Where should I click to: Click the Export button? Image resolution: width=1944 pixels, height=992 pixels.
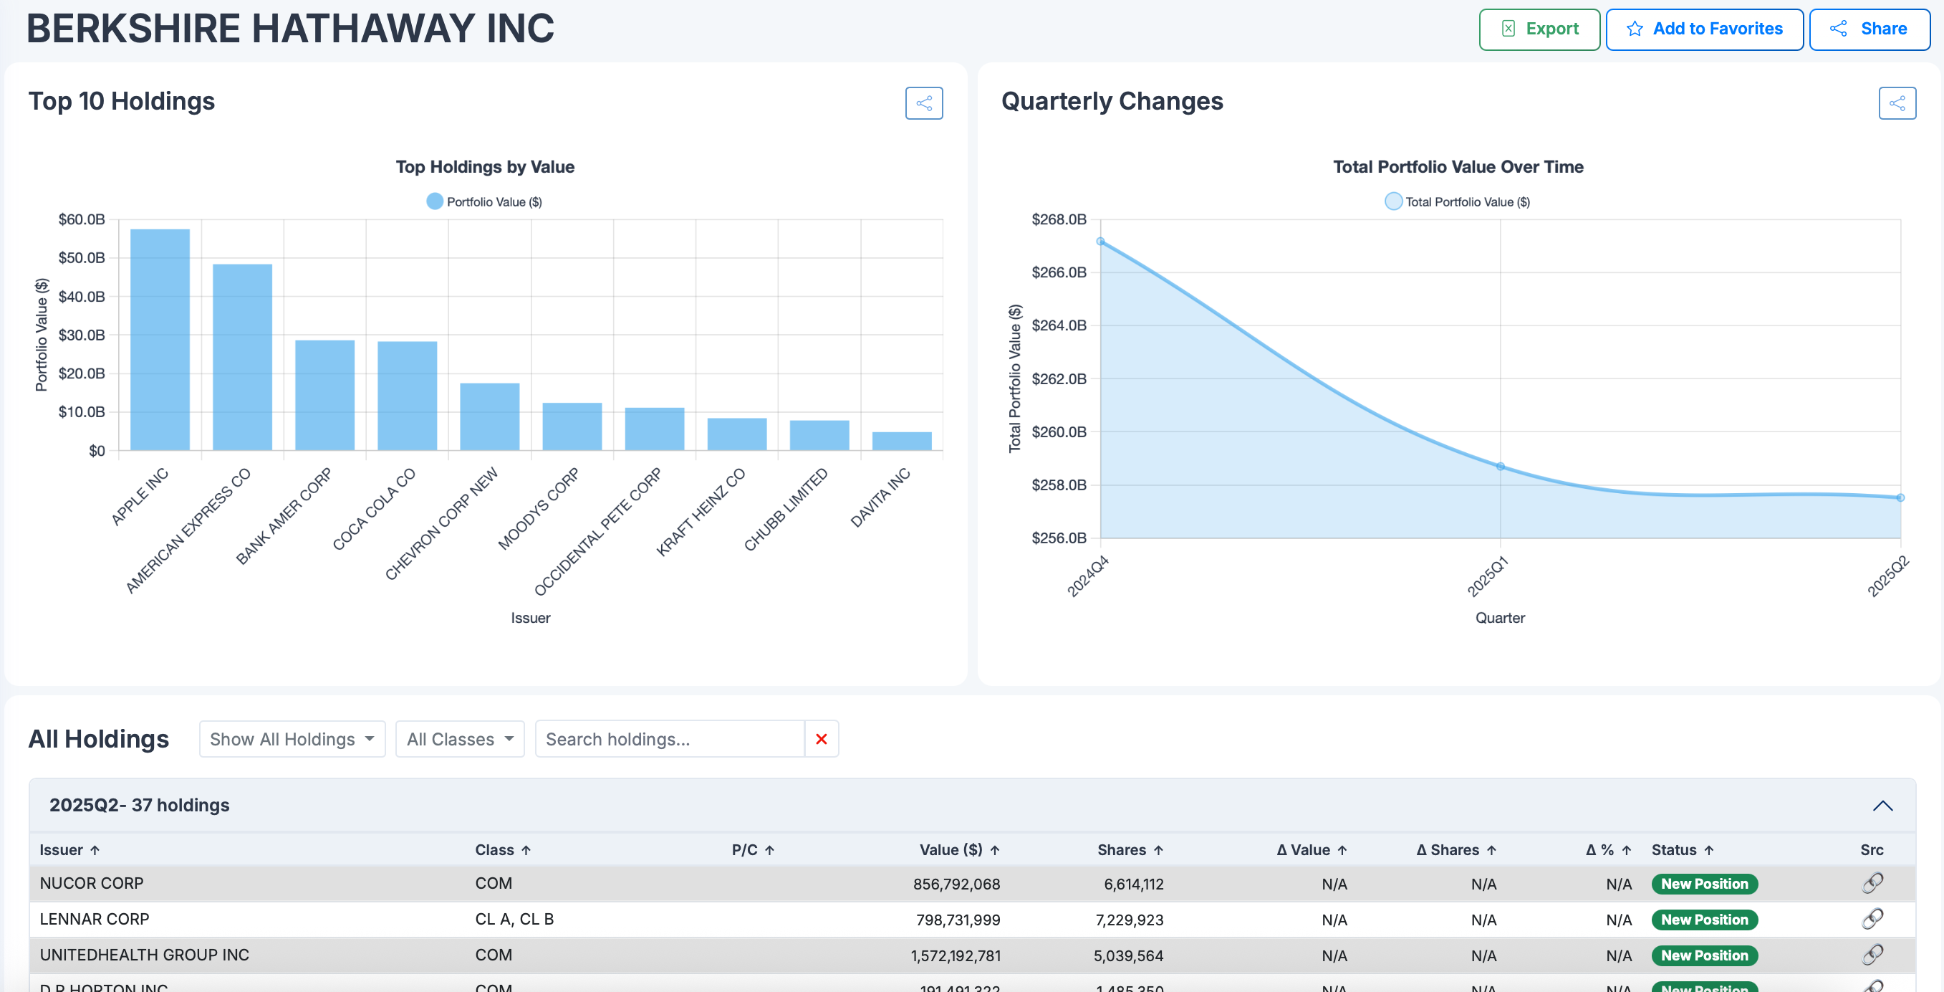click(1539, 29)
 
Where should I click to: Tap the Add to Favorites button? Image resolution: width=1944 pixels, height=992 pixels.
click(1704, 29)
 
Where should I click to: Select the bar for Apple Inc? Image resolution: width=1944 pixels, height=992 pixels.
click(160, 340)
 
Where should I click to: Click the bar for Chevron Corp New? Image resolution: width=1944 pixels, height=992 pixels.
click(490, 416)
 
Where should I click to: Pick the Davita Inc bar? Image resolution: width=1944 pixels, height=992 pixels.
click(901, 441)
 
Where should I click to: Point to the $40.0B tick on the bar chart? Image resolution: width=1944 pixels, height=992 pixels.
click(82, 297)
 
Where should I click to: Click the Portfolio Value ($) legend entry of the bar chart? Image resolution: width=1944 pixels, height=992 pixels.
click(484, 201)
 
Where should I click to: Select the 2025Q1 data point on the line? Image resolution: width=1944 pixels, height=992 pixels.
click(1500, 467)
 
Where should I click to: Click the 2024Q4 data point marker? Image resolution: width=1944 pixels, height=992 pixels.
click(1101, 242)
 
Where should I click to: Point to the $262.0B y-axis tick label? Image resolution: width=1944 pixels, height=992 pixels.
click(1059, 379)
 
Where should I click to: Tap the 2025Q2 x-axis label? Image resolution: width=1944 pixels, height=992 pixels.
click(1887, 576)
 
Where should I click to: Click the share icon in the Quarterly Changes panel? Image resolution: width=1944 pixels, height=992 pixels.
click(1897, 103)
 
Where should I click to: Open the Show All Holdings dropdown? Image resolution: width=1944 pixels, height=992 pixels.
click(292, 739)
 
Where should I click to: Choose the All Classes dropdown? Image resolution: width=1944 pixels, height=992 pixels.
click(460, 739)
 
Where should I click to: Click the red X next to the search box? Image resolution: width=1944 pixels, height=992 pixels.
click(821, 739)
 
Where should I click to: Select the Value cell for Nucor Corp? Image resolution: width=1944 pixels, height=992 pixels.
click(956, 884)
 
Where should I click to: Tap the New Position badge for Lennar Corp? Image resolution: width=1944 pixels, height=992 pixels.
click(1704, 920)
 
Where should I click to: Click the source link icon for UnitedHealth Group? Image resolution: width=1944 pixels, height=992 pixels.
click(1872, 955)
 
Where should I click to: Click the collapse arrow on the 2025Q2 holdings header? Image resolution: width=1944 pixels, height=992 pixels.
click(1882, 806)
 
